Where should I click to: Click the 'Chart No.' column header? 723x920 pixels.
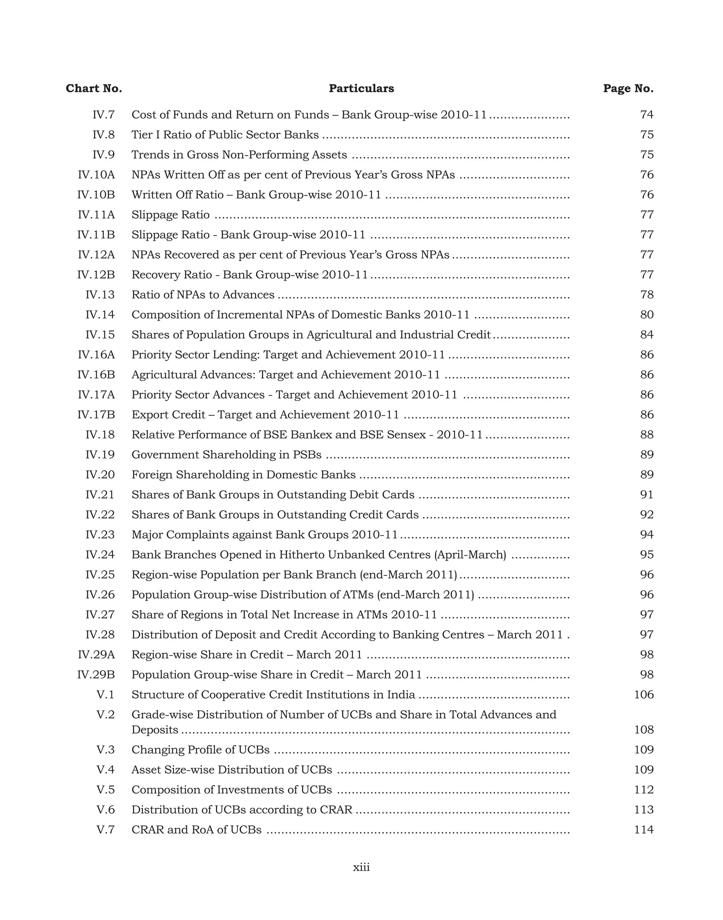(x=94, y=89)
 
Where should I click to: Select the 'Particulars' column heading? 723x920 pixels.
(x=361, y=89)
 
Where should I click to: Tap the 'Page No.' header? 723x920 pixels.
(x=628, y=89)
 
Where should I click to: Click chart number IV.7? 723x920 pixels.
(x=104, y=115)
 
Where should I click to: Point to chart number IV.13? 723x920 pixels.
(x=100, y=295)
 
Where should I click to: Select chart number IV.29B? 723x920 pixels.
(x=96, y=674)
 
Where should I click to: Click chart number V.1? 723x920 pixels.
(x=106, y=694)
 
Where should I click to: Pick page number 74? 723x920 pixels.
(x=647, y=115)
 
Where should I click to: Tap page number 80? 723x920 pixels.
(x=647, y=315)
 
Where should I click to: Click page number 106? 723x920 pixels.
(x=644, y=694)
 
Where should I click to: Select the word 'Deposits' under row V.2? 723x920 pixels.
(x=155, y=730)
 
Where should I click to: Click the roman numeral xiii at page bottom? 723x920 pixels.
(x=361, y=867)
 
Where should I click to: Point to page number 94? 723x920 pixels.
(x=647, y=535)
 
